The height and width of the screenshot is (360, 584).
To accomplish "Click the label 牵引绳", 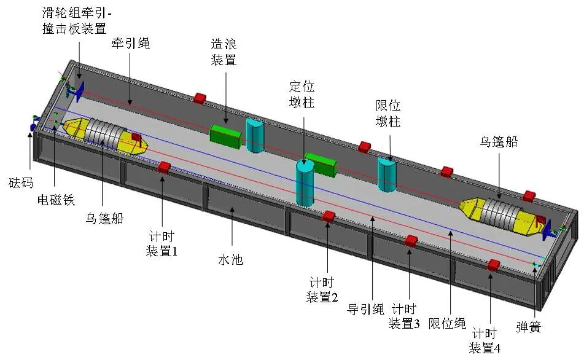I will click(130, 44).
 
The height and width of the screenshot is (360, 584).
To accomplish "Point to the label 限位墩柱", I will click(388, 114).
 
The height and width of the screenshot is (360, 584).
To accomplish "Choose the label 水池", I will click(231, 260).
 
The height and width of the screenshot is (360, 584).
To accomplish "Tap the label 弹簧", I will click(528, 327).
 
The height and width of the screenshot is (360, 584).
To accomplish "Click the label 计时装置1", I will click(162, 244).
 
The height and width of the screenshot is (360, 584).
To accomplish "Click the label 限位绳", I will click(447, 323).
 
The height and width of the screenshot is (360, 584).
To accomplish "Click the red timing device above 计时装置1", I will click(164, 167).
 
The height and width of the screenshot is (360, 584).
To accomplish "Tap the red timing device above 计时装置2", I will click(329, 216).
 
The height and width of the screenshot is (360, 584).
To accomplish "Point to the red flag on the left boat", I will click(136, 138).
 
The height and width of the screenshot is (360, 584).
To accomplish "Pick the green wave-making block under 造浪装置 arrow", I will click(225, 136).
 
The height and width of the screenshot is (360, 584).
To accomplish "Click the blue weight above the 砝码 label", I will click(33, 127).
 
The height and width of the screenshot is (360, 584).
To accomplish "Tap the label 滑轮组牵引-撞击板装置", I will click(76, 21).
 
